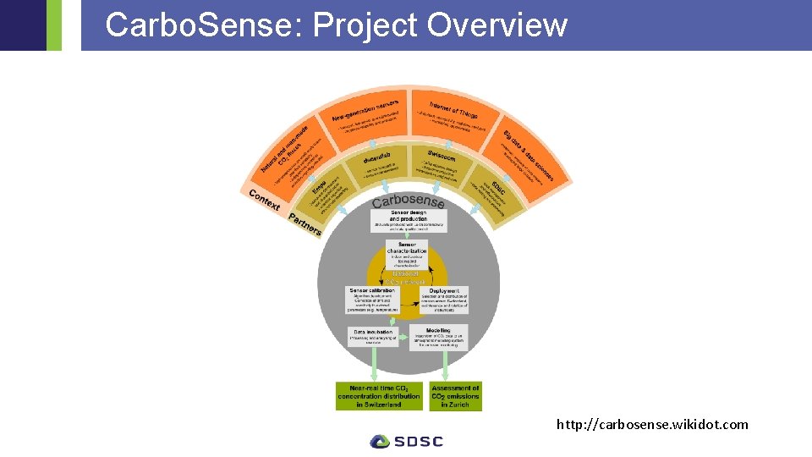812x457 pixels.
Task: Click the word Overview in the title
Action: point(497,25)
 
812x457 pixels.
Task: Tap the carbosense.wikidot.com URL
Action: point(652,424)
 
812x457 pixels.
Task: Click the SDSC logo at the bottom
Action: point(406,441)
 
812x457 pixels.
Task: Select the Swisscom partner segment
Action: point(443,164)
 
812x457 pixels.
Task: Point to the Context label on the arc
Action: point(264,200)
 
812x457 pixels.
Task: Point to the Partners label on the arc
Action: point(304,224)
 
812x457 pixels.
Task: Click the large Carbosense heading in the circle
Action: point(409,201)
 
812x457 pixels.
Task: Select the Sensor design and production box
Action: point(409,221)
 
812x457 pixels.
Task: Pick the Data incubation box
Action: point(373,336)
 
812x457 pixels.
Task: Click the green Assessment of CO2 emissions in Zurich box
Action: point(456,396)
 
